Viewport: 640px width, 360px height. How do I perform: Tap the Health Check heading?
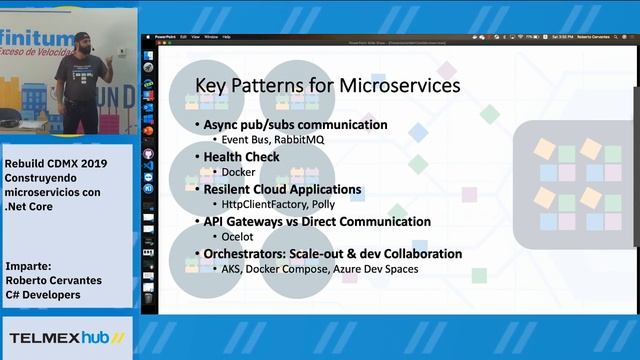241,157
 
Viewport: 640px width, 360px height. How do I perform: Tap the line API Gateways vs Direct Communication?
317,222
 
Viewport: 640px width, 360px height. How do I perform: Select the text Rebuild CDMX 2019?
54,163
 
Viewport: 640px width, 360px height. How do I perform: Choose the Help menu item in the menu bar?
226,36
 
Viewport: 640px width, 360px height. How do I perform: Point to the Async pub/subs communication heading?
295,125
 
